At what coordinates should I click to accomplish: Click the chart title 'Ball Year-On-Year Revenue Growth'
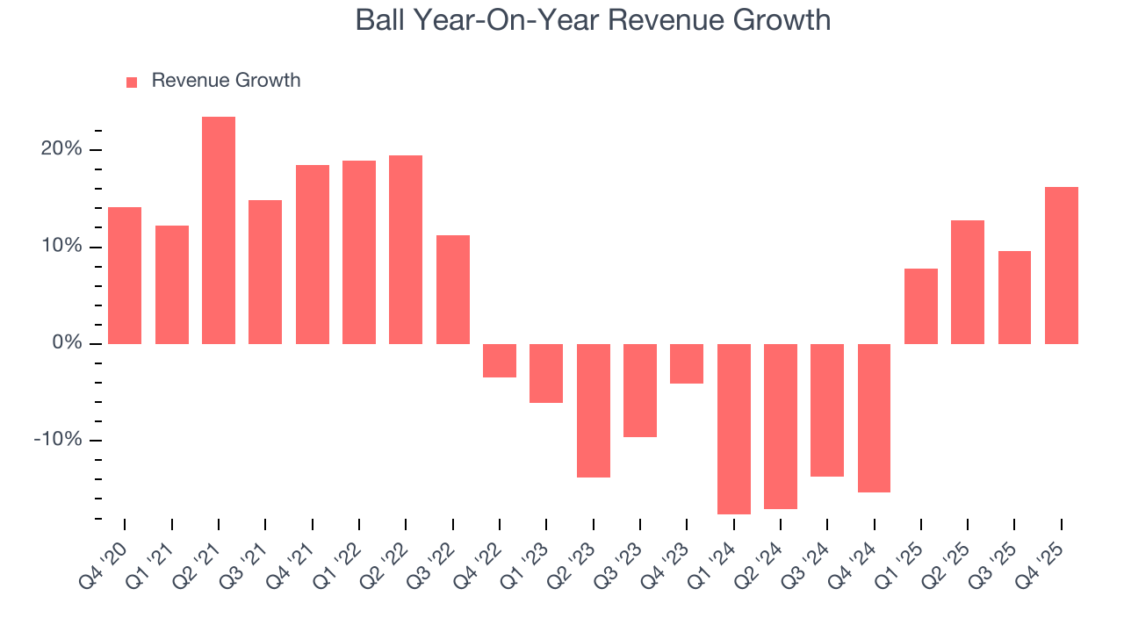click(x=593, y=19)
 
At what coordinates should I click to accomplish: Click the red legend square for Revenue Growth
click(x=132, y=82)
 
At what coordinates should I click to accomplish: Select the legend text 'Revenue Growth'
click(x=226, y=81)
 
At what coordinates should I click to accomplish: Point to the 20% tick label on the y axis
click(x=61, y=149)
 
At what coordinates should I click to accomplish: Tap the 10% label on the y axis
click(x=61, y=247)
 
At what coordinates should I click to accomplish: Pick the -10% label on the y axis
click(x=58, y=440)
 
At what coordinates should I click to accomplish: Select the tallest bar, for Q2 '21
click(x=219, y=230)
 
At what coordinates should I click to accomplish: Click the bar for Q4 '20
click(x=125, y=276)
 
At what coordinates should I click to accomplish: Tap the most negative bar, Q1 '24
click(x=734, y=428)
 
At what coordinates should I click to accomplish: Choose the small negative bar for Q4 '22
click(x=500, y=360)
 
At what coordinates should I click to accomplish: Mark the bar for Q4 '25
click(x=1062, y=265)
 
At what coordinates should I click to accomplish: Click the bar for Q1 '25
click(x=921, y=305)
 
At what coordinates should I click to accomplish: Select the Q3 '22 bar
click(x=453, y=289)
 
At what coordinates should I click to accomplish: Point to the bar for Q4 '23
click(x=687, y=363)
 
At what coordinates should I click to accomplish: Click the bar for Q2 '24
click(x=781, y=426)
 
